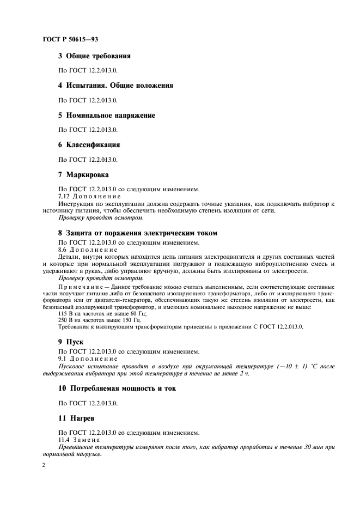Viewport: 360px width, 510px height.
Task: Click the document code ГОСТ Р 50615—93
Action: pyautogui.click(x=70, y=39)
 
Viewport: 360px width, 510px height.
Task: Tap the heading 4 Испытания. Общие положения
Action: pyautogui.click(x=115, y=86)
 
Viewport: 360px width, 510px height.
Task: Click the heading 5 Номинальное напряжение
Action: pyautogui.click(x=106, y=116)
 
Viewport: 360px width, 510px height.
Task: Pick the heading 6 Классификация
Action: pyautogui.click(x=89, y=145)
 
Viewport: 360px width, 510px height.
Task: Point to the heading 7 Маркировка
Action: pyautogui.click(x=83, y=175)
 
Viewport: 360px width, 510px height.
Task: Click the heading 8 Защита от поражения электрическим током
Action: pyautogui.click(x=137, y=233)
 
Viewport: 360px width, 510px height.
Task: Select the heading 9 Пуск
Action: pyautogui.click(x=72, y=341)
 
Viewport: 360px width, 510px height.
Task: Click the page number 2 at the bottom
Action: pyautogui.click(x=44, y=466)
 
